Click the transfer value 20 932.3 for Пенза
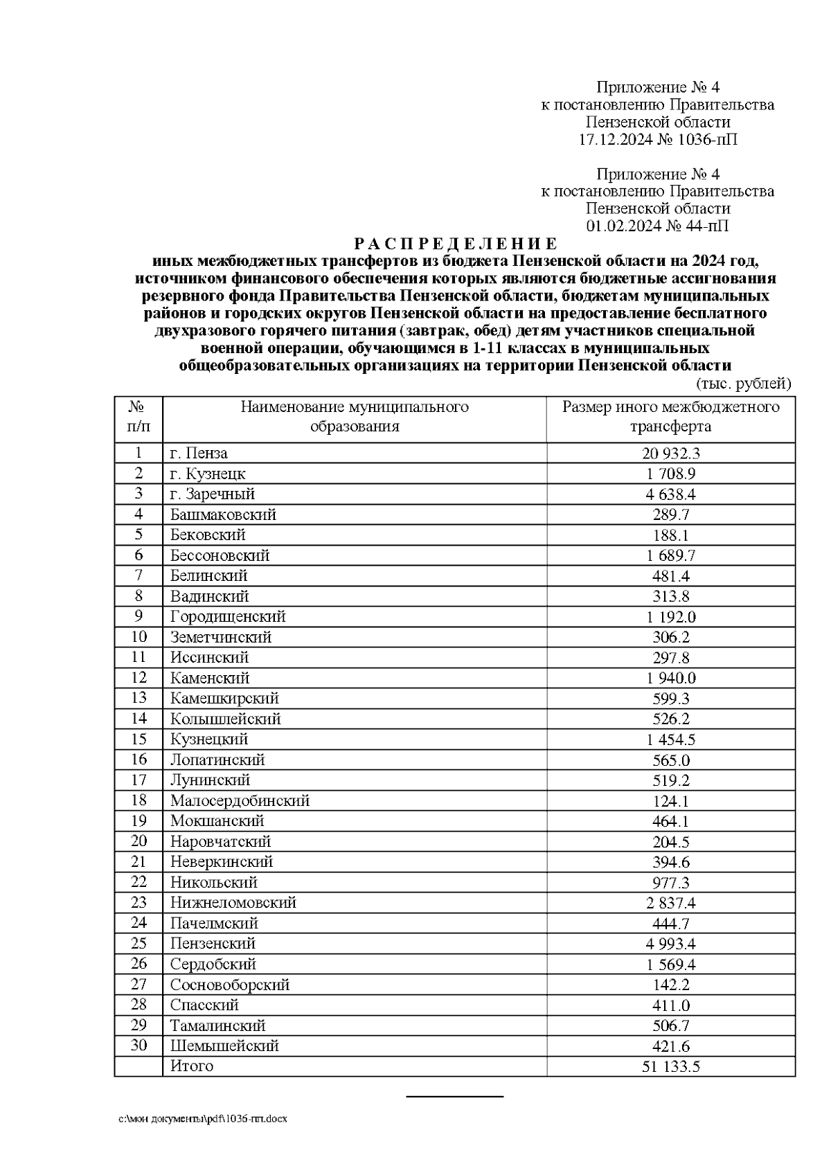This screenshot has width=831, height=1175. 670,454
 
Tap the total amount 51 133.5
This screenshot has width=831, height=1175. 670,1066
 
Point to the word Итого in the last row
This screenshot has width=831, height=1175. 192,1066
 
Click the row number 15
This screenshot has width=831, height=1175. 138,739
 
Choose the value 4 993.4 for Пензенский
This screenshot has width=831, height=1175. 670,944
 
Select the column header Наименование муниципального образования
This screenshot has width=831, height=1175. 354,416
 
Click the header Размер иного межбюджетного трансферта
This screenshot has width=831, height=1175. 670,416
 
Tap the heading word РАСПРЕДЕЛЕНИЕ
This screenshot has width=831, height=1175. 455,244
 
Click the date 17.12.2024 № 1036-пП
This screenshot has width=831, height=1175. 657,140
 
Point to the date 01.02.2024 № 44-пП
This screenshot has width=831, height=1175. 657,226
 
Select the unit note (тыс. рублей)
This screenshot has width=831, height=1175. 742,384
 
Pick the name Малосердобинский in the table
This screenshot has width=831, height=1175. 240,800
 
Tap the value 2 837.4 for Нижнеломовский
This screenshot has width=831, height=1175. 670,903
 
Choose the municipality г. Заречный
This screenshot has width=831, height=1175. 213,494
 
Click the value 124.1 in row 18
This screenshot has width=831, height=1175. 670,801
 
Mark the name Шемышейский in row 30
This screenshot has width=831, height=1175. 224,1046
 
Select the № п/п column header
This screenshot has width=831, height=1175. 138,416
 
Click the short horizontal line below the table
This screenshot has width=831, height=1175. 454,1097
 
